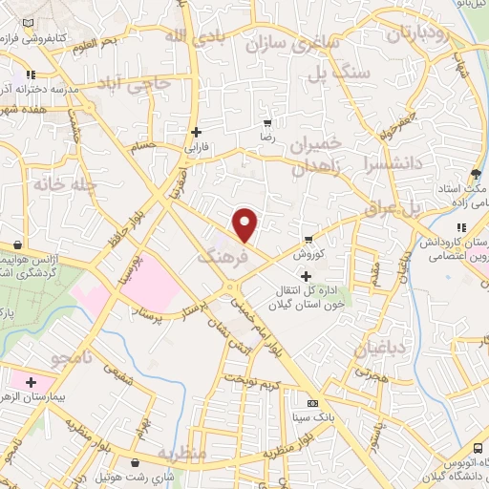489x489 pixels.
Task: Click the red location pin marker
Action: (245, 225)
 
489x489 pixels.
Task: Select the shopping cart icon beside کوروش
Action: (307, 239)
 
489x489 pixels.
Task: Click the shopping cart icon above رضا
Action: (268, 122)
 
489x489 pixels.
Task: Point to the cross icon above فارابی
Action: (196, 132)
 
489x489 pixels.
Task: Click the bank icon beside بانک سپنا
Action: (312, 403)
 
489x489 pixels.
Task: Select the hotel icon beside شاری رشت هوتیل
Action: (102, 476)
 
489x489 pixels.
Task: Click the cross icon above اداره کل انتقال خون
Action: (306, 277)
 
